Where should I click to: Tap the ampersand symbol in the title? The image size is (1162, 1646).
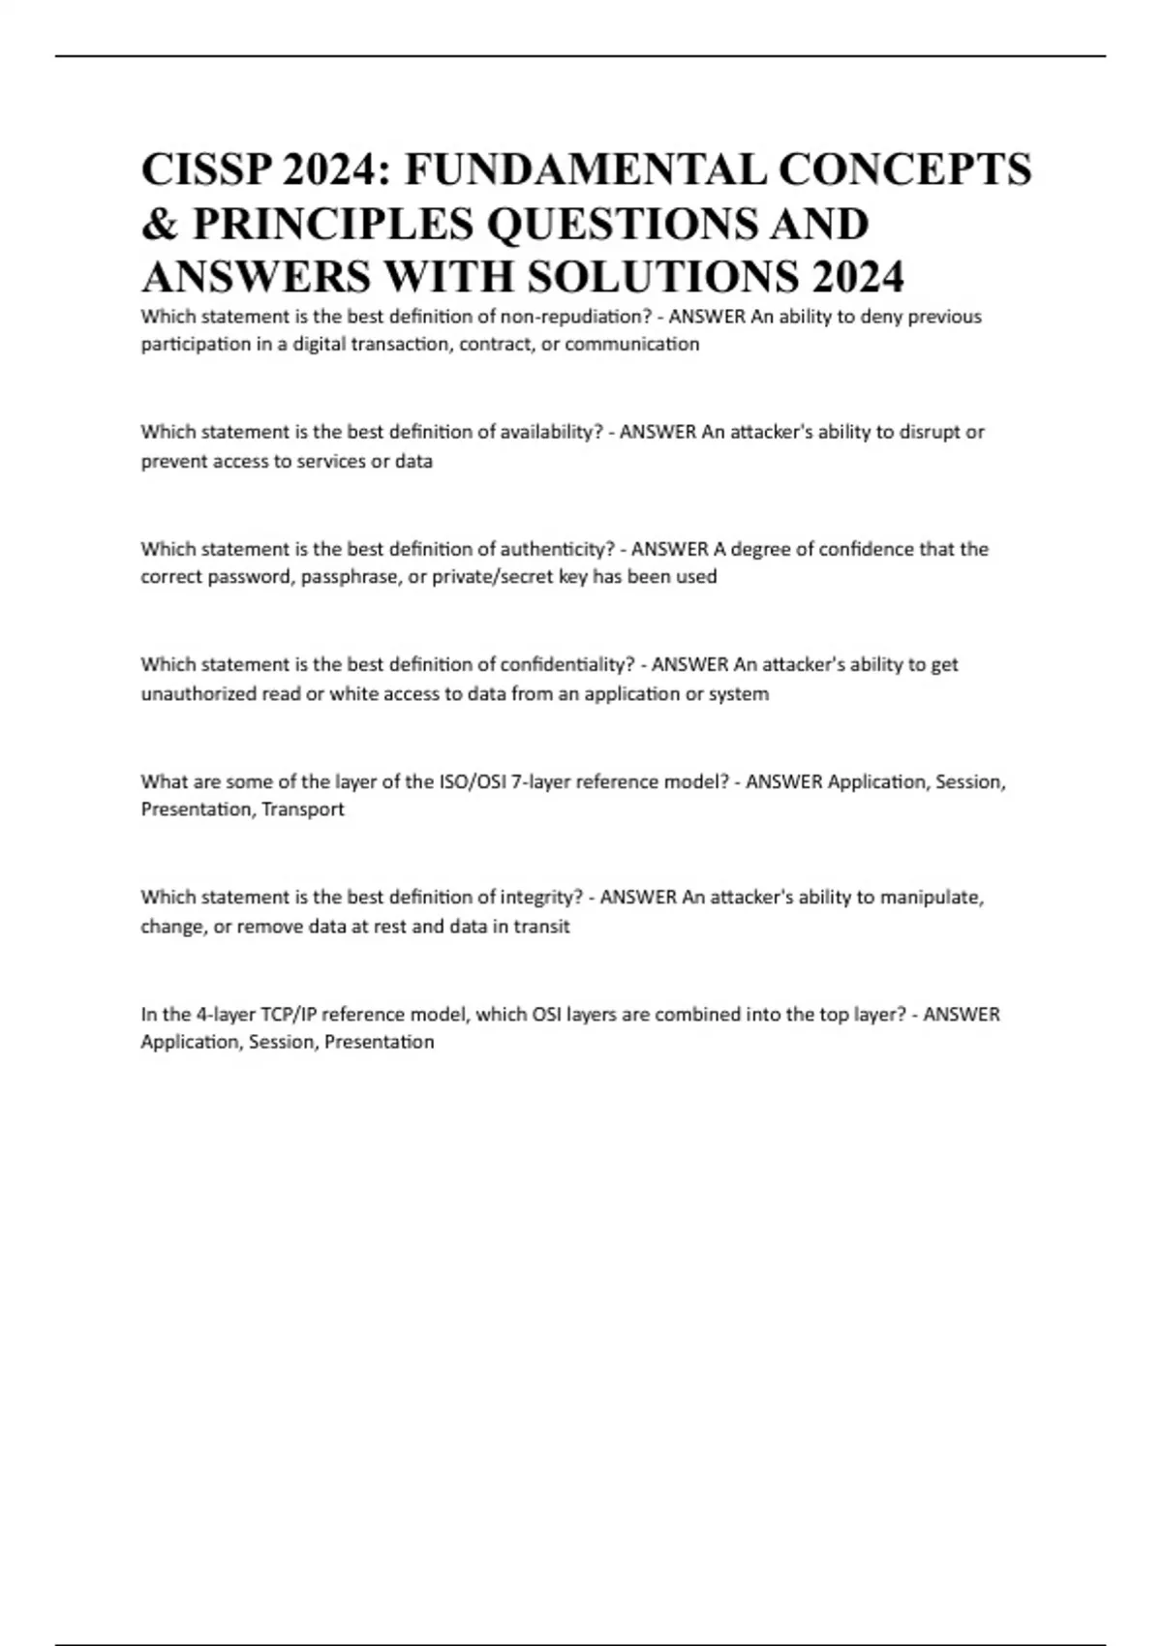(159, 224)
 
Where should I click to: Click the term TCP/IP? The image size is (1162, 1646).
(288, 1015)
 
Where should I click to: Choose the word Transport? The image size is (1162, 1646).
(303, 809)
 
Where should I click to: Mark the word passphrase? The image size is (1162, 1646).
(350, 577)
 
